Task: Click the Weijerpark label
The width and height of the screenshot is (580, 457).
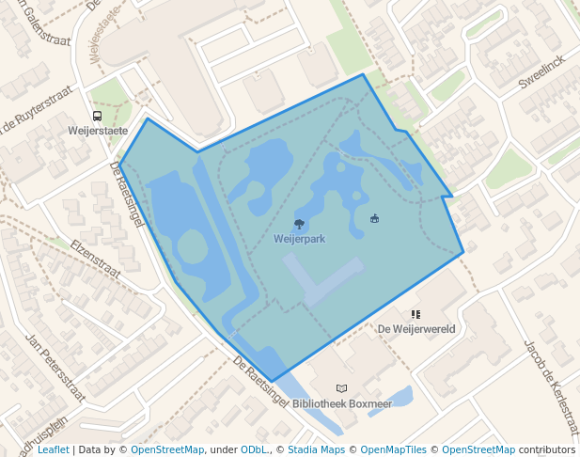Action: tap(299, 239)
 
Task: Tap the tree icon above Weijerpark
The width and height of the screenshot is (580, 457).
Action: tap(299, 224)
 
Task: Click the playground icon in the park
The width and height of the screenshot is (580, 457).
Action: tap(375, 219)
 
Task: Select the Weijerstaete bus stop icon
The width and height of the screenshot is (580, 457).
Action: tap(98, 116)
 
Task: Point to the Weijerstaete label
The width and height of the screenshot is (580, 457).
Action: tap(98, 131)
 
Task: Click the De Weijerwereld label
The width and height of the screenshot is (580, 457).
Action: tap(416, 329)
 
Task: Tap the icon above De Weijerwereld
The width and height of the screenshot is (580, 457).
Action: tap(415, 315)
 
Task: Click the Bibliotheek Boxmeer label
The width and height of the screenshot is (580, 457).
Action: tap(342, 403)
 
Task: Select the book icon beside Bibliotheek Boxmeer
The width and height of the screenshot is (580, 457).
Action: tap(341, 388)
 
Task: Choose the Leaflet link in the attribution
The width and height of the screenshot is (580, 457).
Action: tap(53, 449)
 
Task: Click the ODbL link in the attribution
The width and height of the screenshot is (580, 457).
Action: tap(254, 449)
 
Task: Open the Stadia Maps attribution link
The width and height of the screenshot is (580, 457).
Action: tap(315, 449)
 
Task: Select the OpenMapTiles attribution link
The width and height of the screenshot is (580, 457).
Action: tap(395, 449)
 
